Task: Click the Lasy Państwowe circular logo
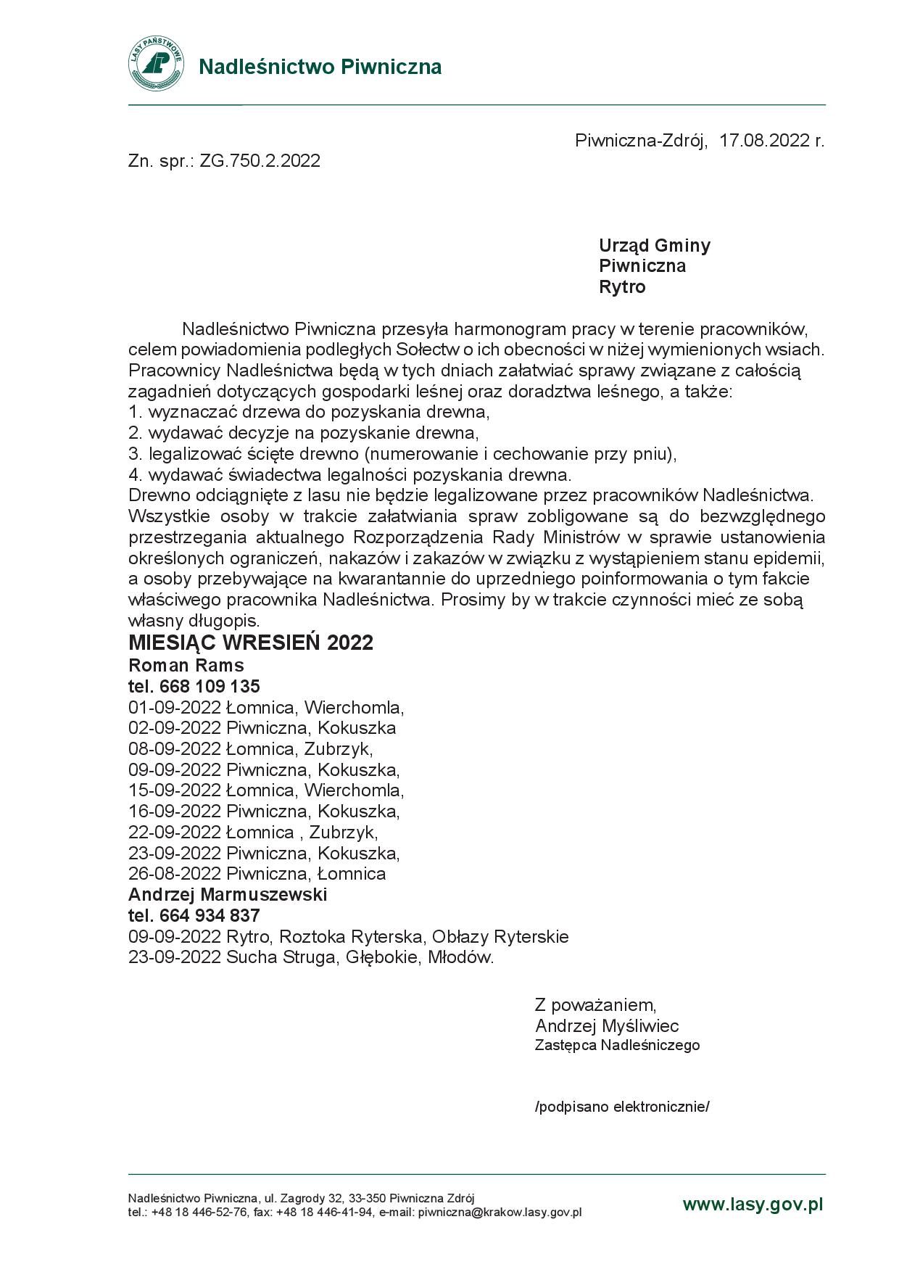[156, 65]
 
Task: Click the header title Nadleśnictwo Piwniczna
[320, 67]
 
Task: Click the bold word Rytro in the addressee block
[621, 287]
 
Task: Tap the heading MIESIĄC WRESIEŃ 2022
[250, 643]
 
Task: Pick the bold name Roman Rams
[186, 665]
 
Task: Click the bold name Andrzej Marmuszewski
[228, 894]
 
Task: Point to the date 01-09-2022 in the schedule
[175, 707]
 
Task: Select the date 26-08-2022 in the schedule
[175, 874]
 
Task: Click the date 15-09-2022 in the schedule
[175, 790]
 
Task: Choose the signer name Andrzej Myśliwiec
[607, 1025]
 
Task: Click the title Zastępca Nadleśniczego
[617, 1045]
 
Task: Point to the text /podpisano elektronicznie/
[622, 1107]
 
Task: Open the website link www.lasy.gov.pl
[753, 1205]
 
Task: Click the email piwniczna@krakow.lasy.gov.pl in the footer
[500, 1212]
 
